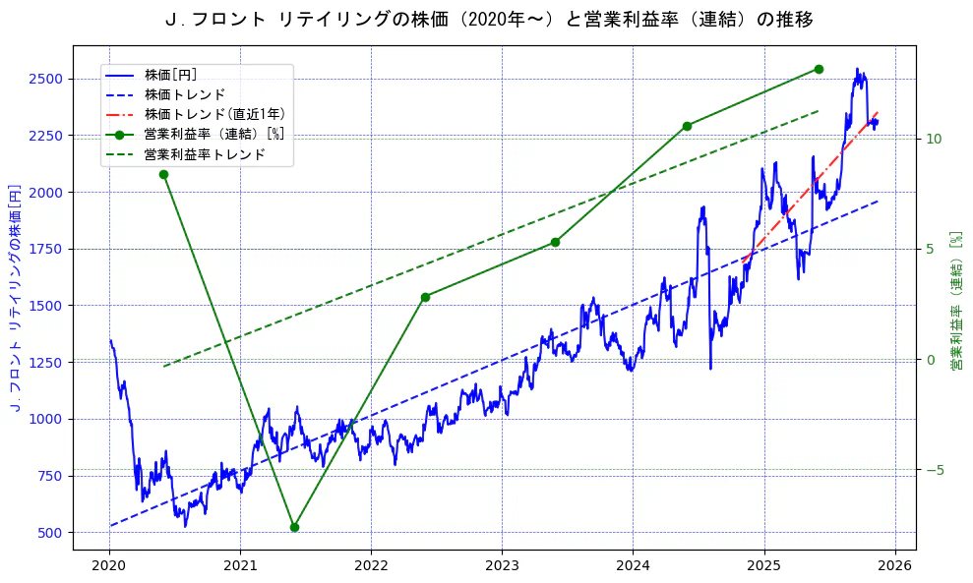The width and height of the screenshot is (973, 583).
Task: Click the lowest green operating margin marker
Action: [294, 527]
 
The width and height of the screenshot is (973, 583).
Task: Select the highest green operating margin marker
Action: [819, 69]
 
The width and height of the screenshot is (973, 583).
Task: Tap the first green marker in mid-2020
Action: [163, 174]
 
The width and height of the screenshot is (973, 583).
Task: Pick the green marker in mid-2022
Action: [425, 297]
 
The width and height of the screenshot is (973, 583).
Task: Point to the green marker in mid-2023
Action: [555, 242]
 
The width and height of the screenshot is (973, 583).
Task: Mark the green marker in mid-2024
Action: [687, 126]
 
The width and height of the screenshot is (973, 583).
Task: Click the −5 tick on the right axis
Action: [935, 470]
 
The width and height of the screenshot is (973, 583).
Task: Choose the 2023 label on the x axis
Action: [502, 566]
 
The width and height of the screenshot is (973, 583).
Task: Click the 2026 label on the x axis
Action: [894, 566]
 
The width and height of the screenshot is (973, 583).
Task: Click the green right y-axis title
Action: [955, 301]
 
